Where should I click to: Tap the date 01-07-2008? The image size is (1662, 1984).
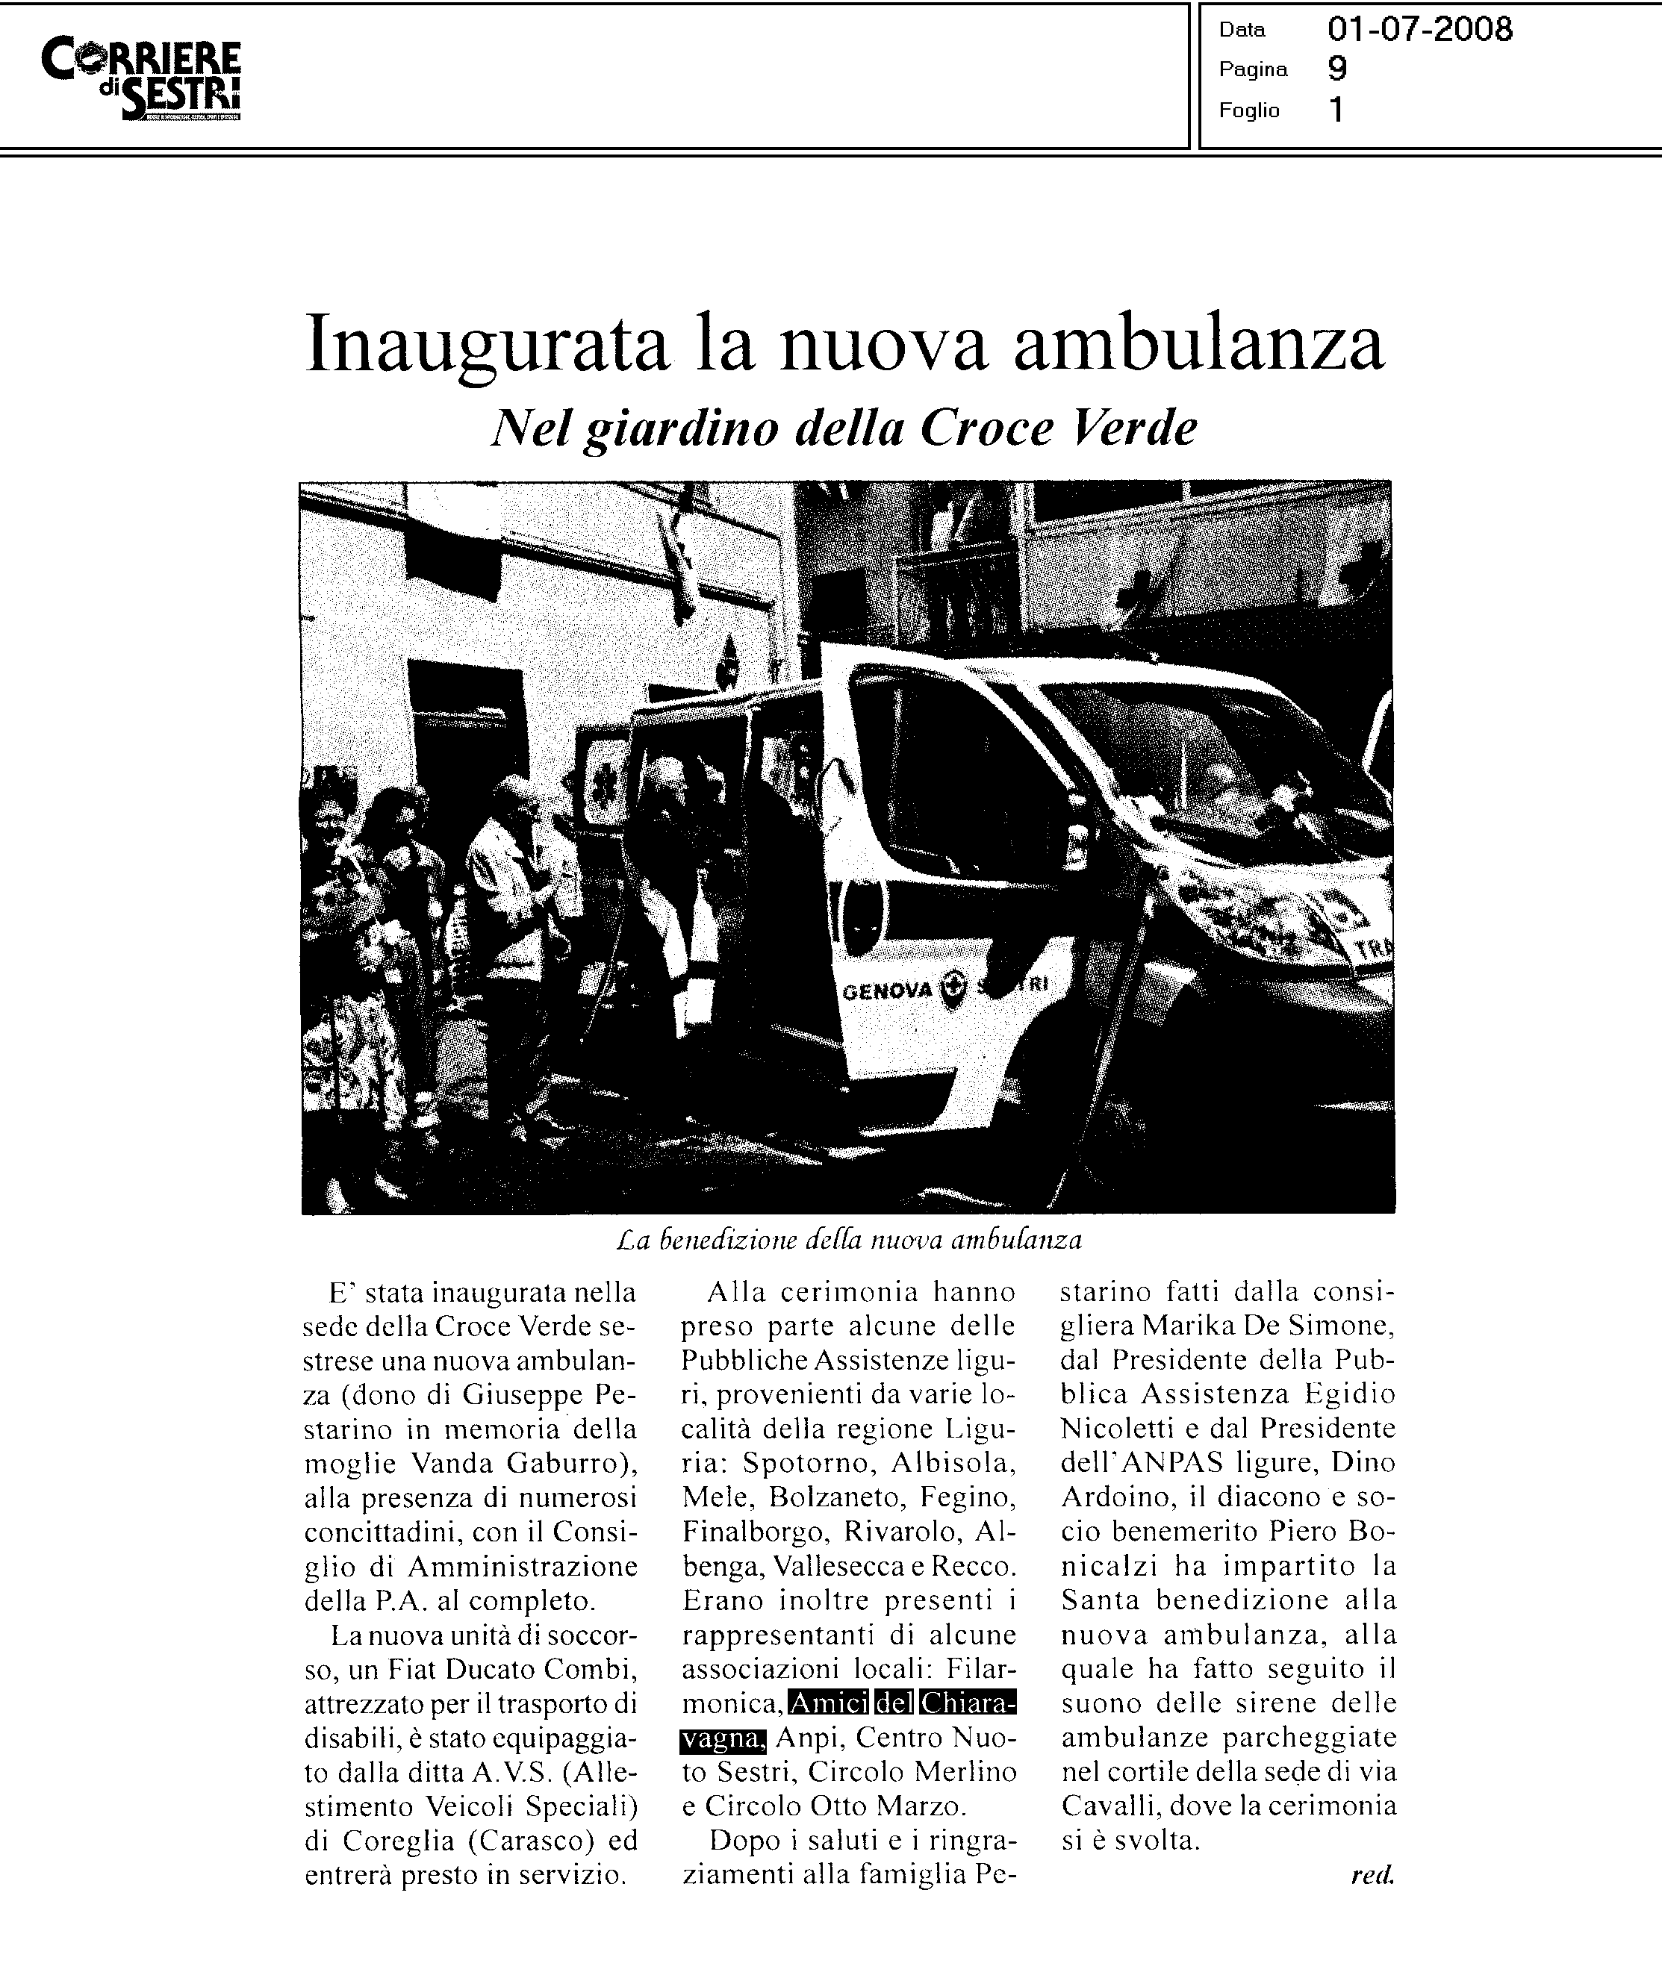(x=1419, y=31)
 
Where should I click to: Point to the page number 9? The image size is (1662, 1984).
(x=1337, y=69)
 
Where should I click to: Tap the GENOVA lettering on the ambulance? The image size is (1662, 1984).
(x=886, y=990)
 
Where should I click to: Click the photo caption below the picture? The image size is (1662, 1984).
(x=848, y=1240)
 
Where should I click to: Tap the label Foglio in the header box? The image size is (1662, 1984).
(x=1248, y=110)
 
